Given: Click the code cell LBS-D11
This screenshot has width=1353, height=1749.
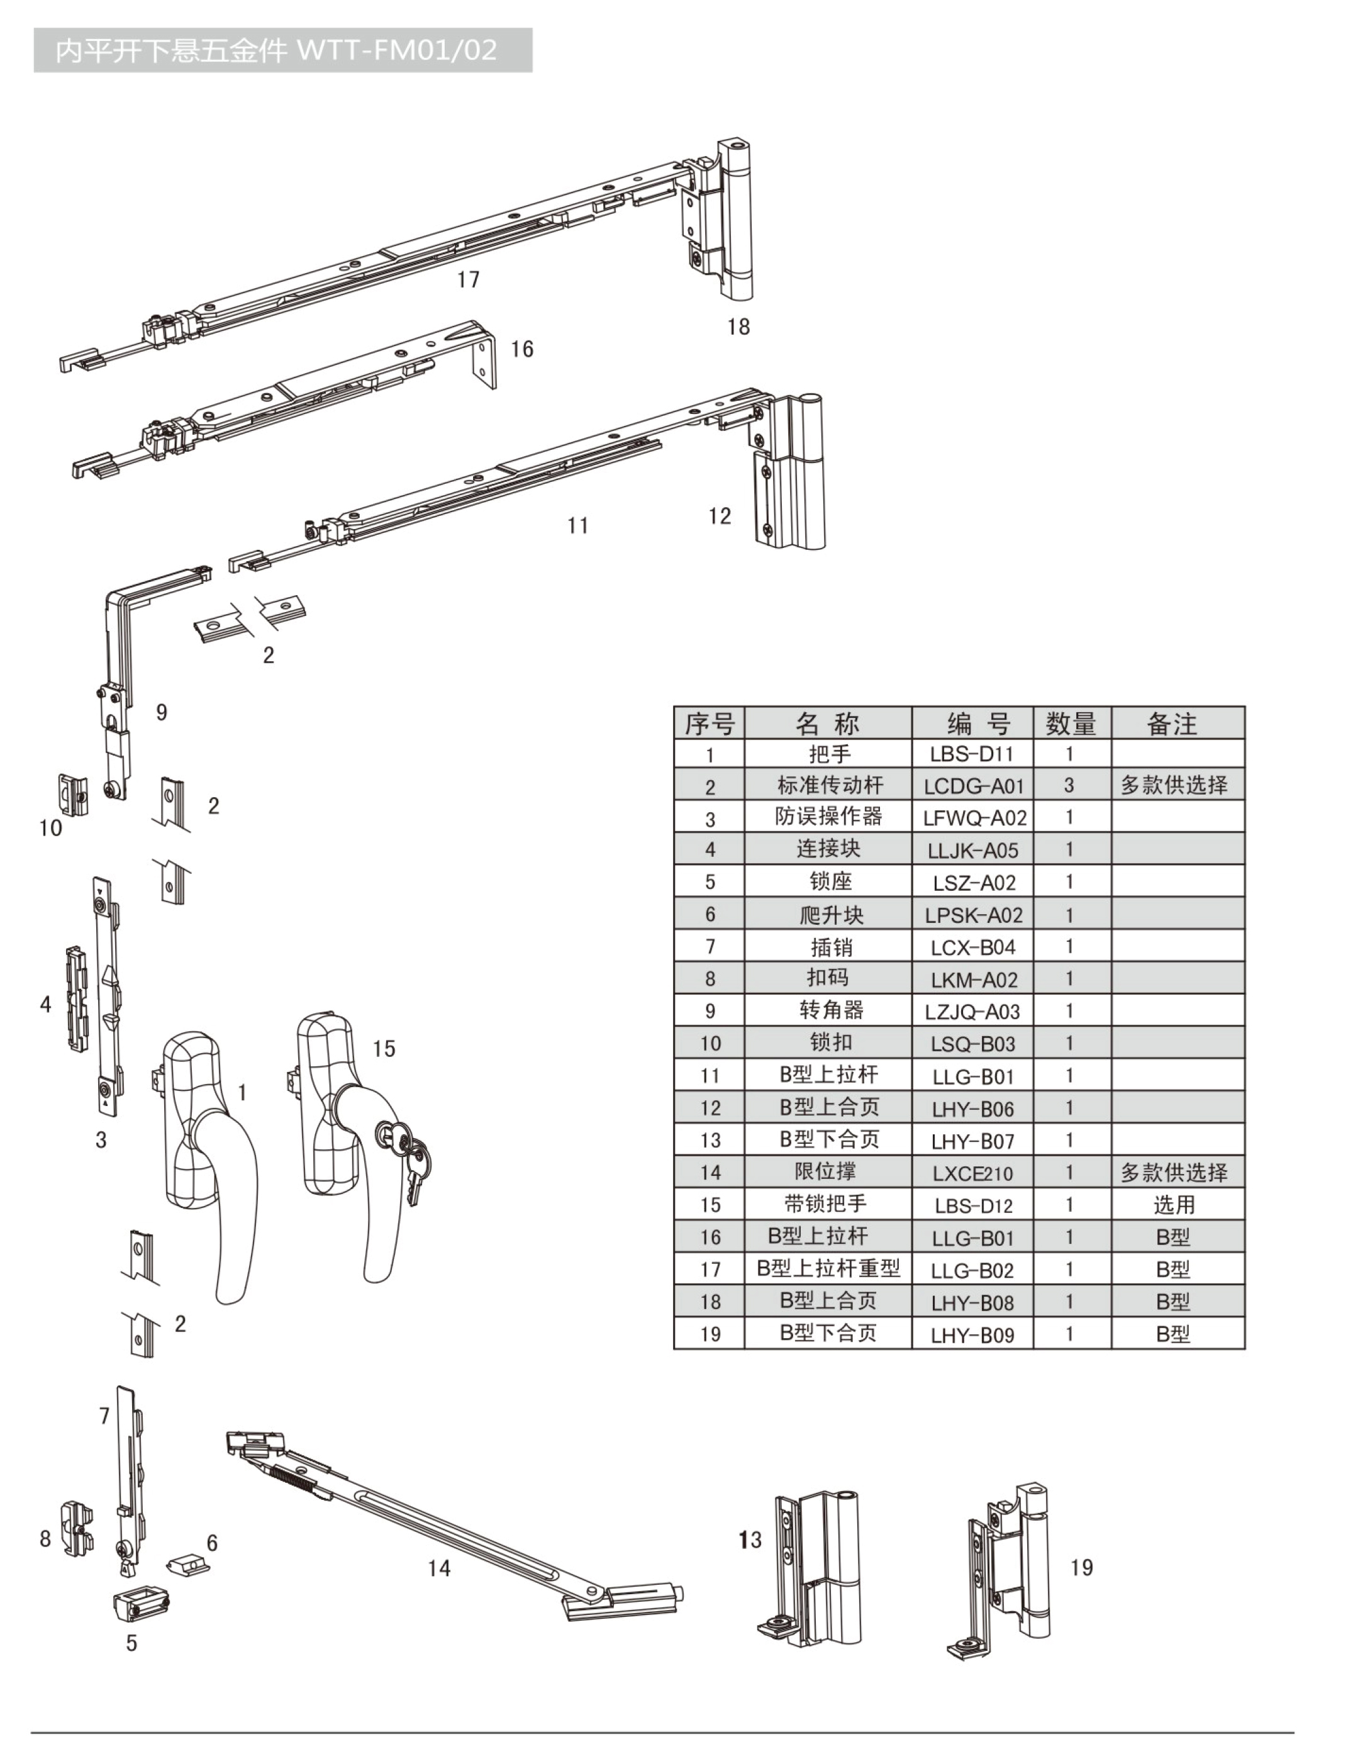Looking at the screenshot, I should [x=972, y=754].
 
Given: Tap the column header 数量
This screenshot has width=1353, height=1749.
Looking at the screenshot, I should [x=1071, y=723].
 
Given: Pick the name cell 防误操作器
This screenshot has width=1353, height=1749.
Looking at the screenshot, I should [x=828, y=817].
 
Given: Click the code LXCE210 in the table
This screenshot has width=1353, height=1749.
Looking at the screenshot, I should [x=972, y=1173].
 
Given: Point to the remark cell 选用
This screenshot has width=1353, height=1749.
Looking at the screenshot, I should [x=1174, y=1204].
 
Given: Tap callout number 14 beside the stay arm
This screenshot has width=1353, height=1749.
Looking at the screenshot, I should [x=438, y=1567].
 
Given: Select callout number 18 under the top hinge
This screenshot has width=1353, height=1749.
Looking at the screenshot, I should [x=738, y=327].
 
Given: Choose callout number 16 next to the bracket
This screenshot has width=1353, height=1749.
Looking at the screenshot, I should [x=521, y=349].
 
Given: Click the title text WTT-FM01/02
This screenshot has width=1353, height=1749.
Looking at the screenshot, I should [x=397, y=50].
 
